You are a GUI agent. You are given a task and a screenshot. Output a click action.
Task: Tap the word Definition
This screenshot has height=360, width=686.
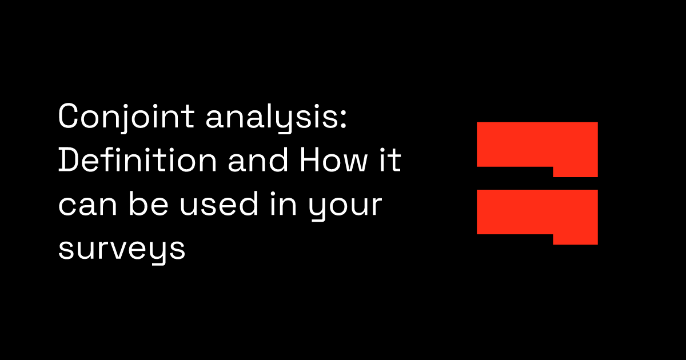tap(137, 162)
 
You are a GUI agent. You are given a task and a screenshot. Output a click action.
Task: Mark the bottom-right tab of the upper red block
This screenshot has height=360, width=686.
tap(575, 171)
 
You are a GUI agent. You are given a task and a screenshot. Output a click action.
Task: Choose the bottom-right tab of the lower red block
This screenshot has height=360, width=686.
tap(575, 239)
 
